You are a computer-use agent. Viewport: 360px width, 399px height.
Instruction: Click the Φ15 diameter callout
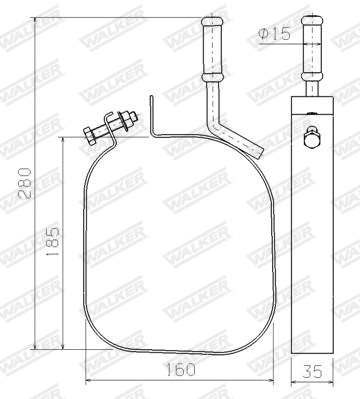point(273,33)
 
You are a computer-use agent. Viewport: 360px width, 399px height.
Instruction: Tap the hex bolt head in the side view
point(312,138)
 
